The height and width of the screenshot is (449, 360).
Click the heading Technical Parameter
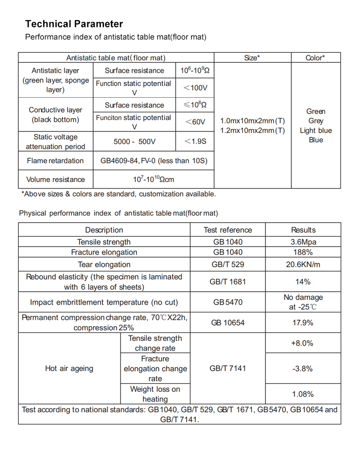[x=74, y=24]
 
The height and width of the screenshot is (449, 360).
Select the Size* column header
[x=252, y=58]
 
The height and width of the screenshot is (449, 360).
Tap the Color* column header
[x=315, y=58]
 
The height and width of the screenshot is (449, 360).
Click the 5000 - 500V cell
[x=134, y=142]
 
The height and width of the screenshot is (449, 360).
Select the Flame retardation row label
[x=55, y=161]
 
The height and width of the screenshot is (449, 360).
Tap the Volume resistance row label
[x=55, y=179]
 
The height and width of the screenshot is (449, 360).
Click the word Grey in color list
[x=315, y=121]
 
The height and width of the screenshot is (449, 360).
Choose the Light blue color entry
[x=315, y=130]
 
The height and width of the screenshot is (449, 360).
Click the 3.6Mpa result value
[x=303, y=242]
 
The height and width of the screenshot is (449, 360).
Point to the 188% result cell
[x=303, y=252]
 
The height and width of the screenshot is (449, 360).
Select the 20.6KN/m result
[x=303, y=264]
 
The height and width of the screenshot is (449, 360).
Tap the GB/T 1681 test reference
[x=228, y=282]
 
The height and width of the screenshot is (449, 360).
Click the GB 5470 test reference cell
[x=228, y=302]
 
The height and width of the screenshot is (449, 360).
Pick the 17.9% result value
[x=302, y=323]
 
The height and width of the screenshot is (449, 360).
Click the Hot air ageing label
[x=69, y=368]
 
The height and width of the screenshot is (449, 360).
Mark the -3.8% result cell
[x=302, y=368]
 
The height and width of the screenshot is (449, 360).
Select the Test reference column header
[x=228, y=230]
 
